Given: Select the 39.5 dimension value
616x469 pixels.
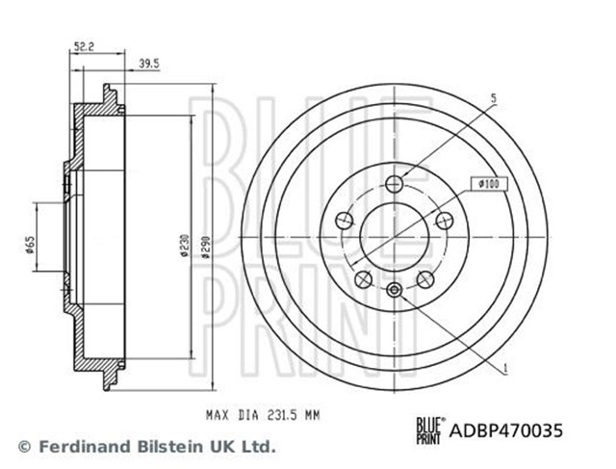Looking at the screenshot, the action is (149, 64).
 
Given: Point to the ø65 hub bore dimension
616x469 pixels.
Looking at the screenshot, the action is (30, 245).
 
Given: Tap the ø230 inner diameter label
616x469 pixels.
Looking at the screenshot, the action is (185, 246).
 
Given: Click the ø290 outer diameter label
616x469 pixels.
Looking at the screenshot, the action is (205, 247).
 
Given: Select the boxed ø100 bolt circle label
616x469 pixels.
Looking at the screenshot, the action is (489, 184).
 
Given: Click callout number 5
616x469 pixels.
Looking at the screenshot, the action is (494, 98).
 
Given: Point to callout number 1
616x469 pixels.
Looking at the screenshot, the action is (505, 368).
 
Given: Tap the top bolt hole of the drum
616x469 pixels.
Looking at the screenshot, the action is (394, 184).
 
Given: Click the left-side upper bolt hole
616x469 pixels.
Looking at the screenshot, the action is (345, 221).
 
